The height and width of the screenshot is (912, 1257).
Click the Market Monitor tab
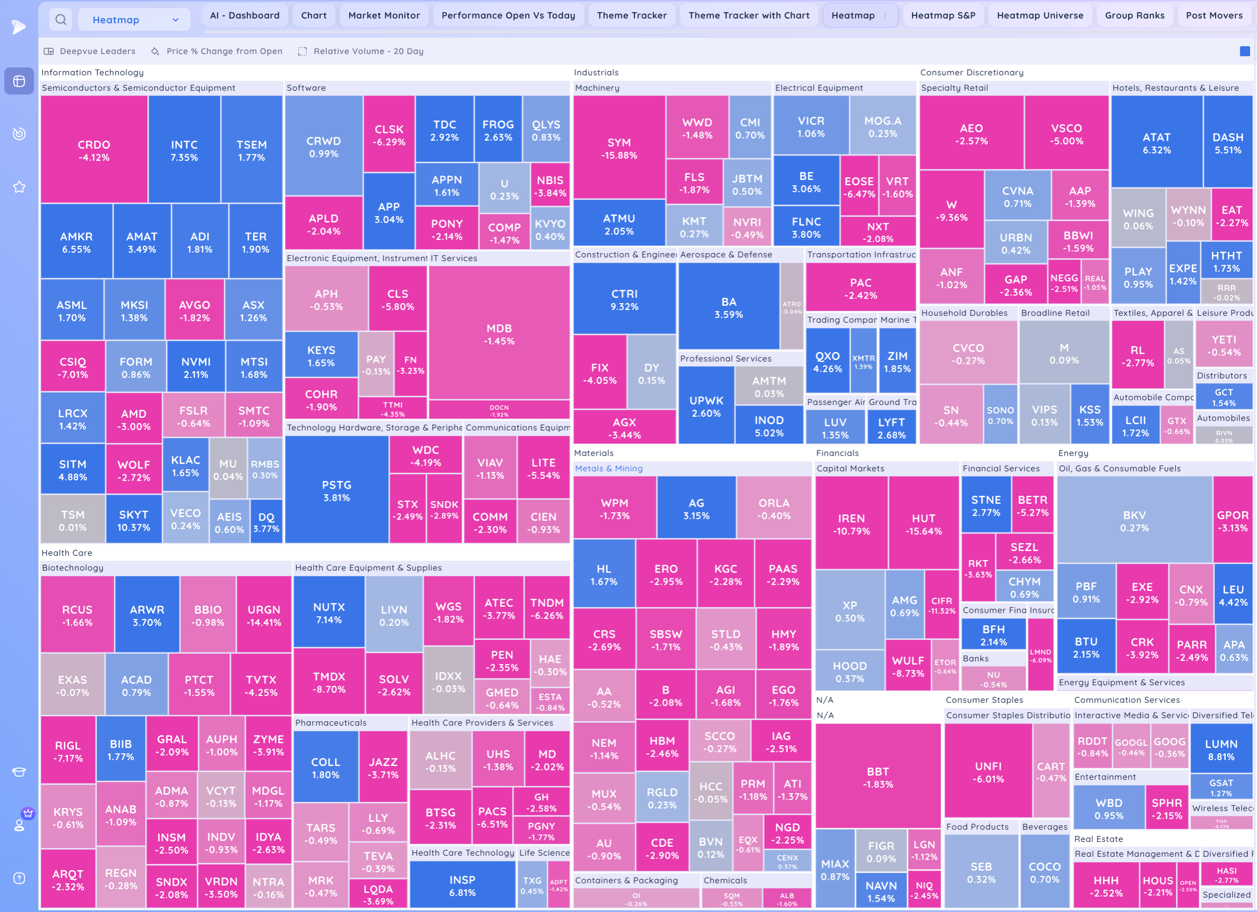[x=384, y=15]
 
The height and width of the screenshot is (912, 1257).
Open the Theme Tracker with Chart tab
[x=748, y=15]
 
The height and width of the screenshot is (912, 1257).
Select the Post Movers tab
[x=1214, y=15]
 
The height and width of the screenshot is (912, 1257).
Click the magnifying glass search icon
[x=61, y=20]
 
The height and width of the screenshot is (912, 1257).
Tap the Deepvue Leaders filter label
[x=97, y=51]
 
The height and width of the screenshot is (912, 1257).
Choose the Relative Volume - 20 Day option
[x=368, y=51]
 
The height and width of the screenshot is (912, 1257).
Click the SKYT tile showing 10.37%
[x=134, y=520]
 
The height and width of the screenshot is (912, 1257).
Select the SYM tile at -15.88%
[x=618, y=148]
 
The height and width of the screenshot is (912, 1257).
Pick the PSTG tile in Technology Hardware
[x=337, y=490]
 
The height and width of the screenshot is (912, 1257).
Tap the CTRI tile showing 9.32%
[x=624, y=299]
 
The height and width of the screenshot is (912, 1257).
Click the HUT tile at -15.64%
[x=923, y=524]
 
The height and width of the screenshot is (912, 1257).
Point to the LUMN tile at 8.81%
[x=1221, y=750]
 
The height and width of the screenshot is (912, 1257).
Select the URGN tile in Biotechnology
[x=264, y=615]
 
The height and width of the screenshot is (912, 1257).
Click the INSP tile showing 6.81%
[x=462, y=885]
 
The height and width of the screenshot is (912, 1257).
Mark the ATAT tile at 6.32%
[x=1156, y=142]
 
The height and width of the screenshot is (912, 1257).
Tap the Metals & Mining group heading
[x=608, y=468]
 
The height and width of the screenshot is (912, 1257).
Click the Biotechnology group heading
[x=73, y=567]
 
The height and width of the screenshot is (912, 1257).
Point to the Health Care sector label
[x=66, y=553]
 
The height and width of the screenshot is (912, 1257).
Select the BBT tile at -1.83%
[x=877, y=777]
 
